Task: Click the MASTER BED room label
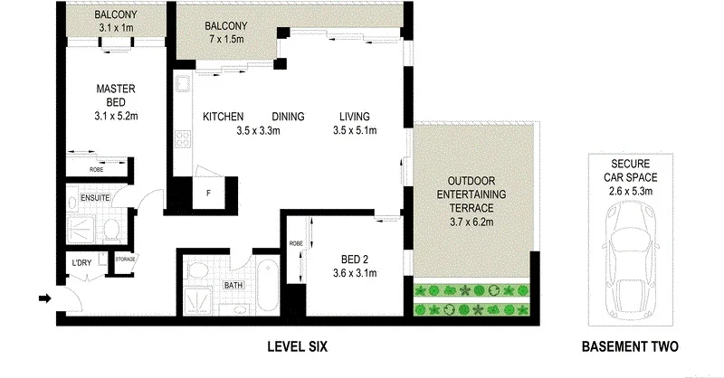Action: tap(115, 90)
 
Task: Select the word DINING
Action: tap(288, 117)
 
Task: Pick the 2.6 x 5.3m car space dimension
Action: tap(630, 191)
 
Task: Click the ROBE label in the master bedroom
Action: tap(96, 169)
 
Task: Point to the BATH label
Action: tap(233, 285)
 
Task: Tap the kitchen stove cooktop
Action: tap(182, 140)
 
